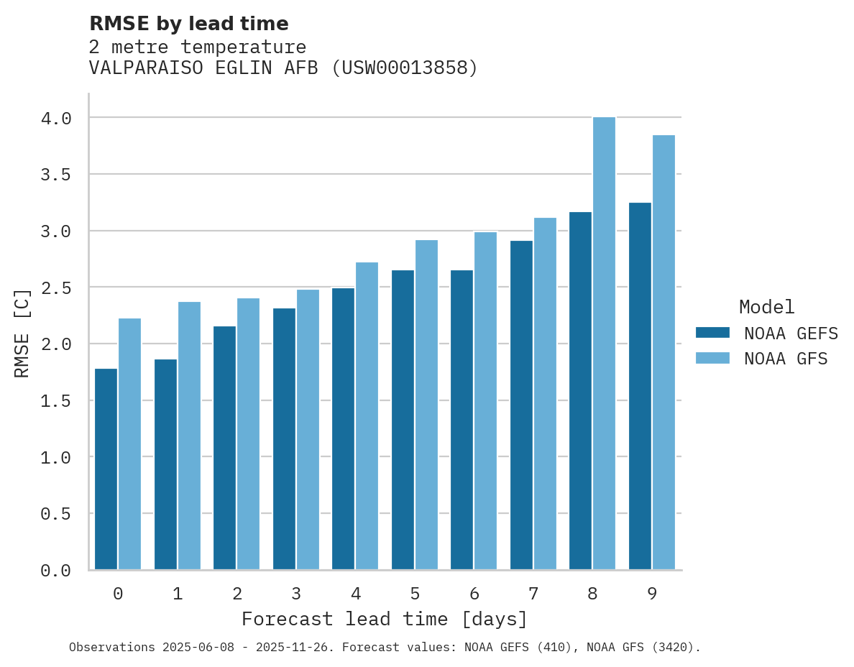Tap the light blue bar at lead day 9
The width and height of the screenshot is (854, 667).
coord(663,352)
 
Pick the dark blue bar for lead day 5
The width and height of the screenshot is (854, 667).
coord(403,420)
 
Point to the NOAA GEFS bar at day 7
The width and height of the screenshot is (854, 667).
coord(521,405)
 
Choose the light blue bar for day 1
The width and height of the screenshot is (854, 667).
coord(189,436)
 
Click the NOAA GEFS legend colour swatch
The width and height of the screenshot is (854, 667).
coord(712,333)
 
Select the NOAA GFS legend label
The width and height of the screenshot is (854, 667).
coord(786,359)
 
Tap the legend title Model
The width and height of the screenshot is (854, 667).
coord(766,307)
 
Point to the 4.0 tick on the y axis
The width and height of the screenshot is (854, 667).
coord(56,118)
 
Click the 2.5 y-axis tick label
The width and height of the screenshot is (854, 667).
coord(56,287)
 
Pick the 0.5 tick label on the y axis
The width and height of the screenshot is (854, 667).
coord(56,514)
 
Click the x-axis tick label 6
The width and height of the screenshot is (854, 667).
coord(474,594)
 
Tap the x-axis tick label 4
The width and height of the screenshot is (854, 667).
coord(355,594)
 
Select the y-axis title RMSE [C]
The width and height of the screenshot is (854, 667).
coord(23,333)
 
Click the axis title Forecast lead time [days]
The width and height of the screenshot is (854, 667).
coord(385,619)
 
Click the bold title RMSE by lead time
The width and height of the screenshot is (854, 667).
coord(188,24)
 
